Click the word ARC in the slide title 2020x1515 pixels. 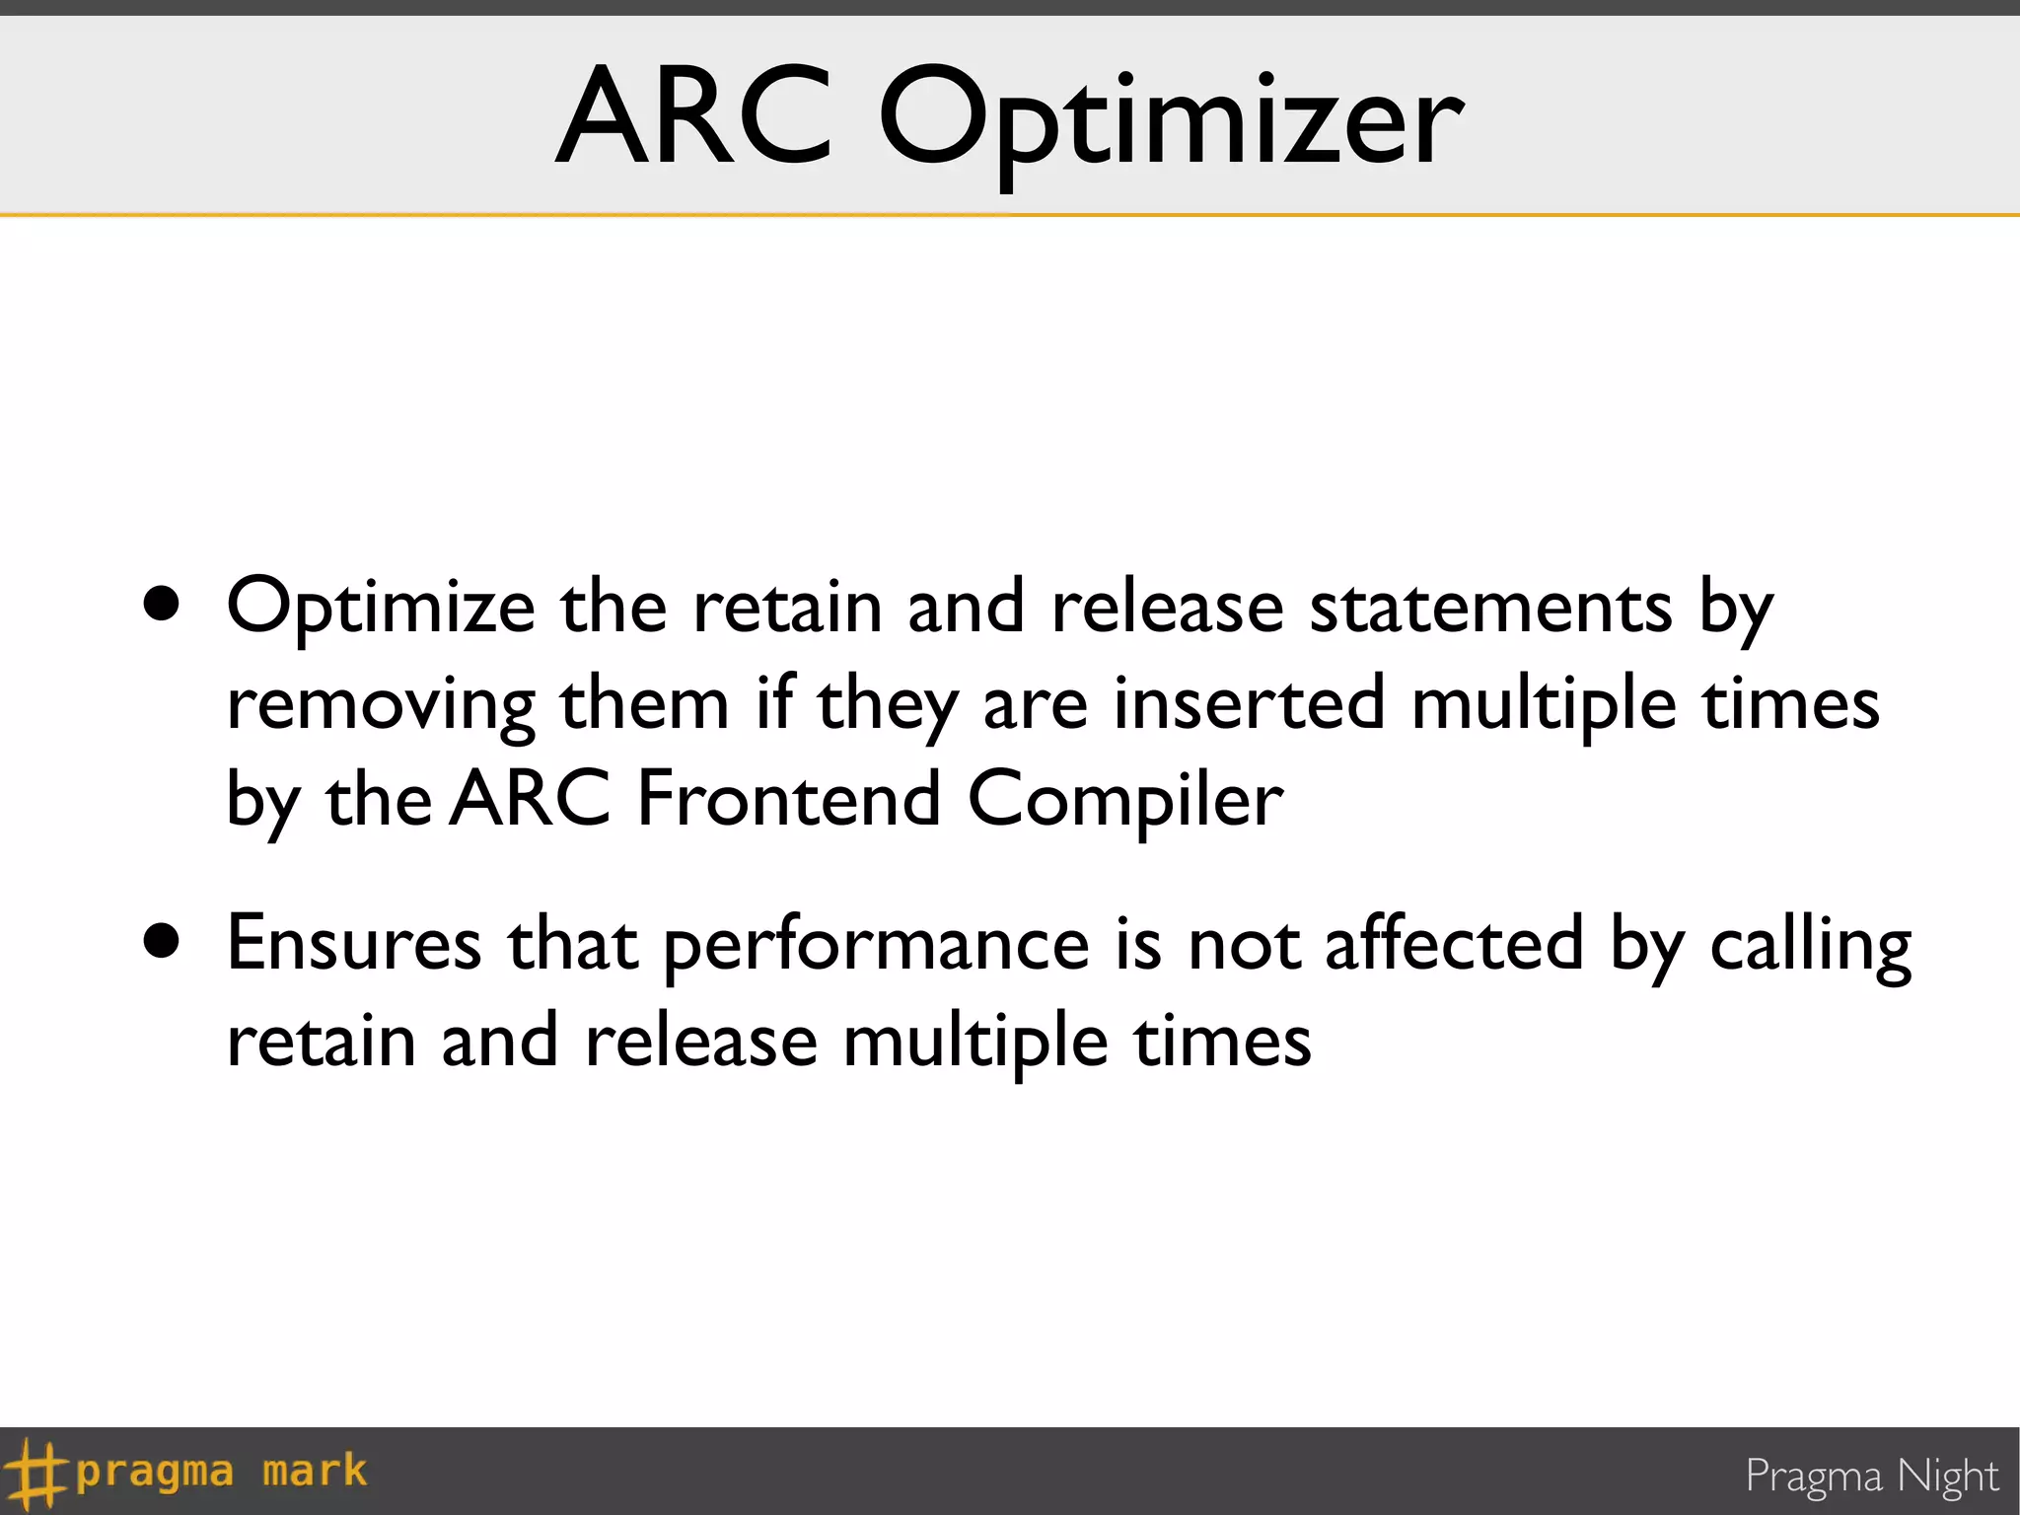(x=694, y=116)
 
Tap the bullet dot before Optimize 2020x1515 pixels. (x=161, y=604)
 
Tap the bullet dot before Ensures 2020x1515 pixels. (x=161, y=941)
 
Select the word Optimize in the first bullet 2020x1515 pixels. (x=381, y=608)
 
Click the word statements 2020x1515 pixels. (x=1489, y=606)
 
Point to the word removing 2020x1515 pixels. (x=381, y=706)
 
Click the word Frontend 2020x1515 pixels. (x=788, y=799)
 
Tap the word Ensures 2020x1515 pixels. (x=354, y=943)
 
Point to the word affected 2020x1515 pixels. (x=1453, y=943)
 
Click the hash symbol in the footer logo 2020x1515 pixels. (x=36, y=1474)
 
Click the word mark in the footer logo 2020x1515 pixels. (x=315, y=1471)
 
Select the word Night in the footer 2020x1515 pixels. (x=1947, y=1477)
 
